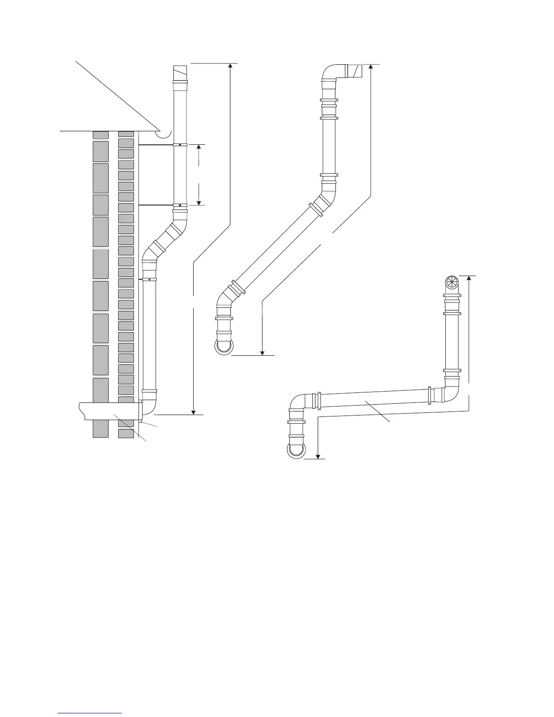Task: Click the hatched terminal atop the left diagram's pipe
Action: point(180,72)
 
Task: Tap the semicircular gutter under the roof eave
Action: point(163,134)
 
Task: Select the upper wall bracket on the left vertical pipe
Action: point(180,145)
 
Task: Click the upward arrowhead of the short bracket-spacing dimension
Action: point(199,148)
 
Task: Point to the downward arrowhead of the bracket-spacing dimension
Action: point(199,202)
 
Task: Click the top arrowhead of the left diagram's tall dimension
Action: point(230,66)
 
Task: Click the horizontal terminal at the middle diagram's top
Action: point(354,72)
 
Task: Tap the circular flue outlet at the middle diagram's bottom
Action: point(224,347)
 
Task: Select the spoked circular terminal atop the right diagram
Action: point(452,283)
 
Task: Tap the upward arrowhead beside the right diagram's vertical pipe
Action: point(469,279)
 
